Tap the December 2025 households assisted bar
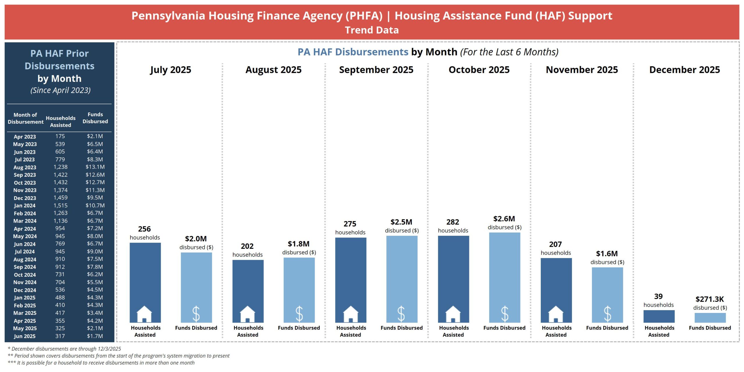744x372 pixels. [x=659, y=316]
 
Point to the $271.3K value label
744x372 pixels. [x=709, y=299]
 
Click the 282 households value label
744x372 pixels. [x=453, y=222]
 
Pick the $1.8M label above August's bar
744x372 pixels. [x=298, y=244]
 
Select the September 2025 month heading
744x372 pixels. [x=376, y=70]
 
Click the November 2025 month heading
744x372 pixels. [x=582, y=70]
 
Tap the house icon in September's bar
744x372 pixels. [x=350, y=314]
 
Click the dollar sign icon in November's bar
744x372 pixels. [x=607, y=314]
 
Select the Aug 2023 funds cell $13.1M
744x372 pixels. [x=95, y=167]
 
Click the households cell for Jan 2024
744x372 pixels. [x=60, y=205]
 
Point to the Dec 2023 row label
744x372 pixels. [x=25, y=198]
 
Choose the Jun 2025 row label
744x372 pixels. [x=25, y=336]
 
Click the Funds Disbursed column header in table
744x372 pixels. [x=95, y=118]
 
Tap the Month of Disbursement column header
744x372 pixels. [x=26, y=118]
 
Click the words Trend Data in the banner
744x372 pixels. [x=372, y=30]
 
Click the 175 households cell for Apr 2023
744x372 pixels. [x=60, y=136]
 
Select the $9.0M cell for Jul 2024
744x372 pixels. [x=95, y=251]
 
